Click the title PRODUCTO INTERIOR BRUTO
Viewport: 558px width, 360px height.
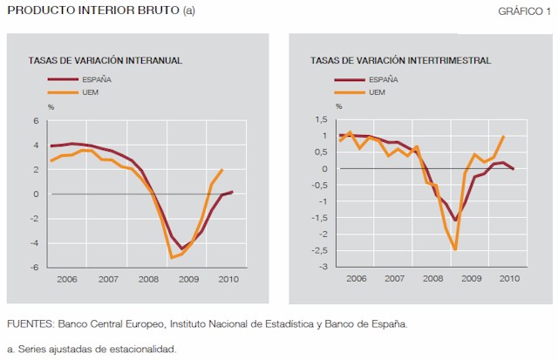click(x=86, y=10)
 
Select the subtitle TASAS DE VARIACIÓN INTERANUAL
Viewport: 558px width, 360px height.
click(x=105, y=61)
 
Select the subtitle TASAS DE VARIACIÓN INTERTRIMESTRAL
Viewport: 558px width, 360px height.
click(x=400, y=61)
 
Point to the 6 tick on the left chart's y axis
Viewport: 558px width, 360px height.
click(x=36, y=120)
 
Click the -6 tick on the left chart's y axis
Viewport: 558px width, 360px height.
click(x=34, y=268)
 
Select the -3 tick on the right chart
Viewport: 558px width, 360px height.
click(x=323, y=267)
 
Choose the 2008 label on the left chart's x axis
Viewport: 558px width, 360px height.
click(x=147, y=279)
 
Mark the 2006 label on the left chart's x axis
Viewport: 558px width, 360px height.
click(x=68, y=279)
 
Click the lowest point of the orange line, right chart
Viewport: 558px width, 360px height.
click(x=455, y=250)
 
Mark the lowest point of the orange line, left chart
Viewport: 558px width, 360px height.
click(x=172, y=258)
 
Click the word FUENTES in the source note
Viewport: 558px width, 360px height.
click(x=29, y=323)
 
